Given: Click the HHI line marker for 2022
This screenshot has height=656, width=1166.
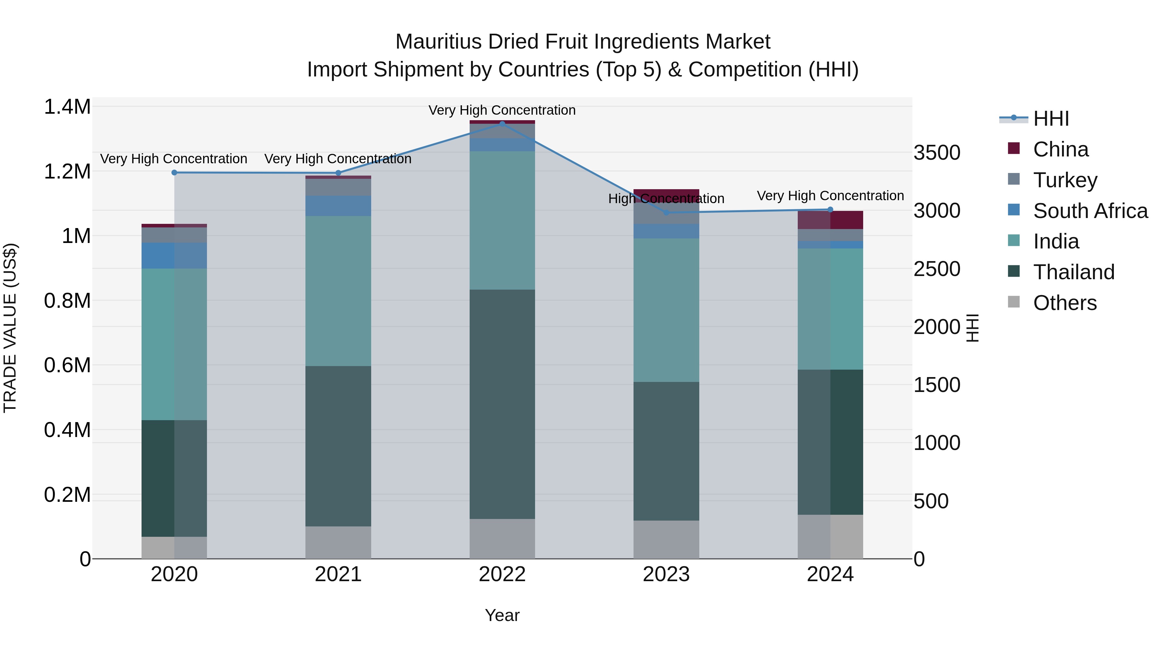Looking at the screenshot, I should [502, 124].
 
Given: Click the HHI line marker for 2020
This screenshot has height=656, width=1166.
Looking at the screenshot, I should [174, 172].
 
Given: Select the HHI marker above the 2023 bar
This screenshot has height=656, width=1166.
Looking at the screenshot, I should [666, 212].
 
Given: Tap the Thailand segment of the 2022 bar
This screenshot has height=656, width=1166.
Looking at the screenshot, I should [502, 404].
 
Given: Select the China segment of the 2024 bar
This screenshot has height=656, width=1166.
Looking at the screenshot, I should [830, 220].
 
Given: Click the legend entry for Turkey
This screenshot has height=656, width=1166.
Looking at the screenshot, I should [1065, 180].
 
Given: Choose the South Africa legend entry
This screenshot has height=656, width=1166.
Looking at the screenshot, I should [1090, 211].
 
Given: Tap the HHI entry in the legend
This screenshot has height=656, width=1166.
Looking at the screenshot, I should [1051, 119].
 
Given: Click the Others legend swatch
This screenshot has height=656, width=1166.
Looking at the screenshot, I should [1014, 302].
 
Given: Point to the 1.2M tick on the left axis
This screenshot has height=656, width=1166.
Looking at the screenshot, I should [67, 172].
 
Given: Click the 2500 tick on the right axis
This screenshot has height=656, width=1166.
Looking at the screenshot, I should [936, 269].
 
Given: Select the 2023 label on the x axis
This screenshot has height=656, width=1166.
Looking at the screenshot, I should [666, 574].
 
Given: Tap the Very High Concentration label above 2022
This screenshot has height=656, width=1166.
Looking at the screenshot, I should [502, 110].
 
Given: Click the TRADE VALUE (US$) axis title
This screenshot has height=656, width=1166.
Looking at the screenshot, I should [10, 328].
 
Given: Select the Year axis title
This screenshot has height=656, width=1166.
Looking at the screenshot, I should [502, 615].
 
